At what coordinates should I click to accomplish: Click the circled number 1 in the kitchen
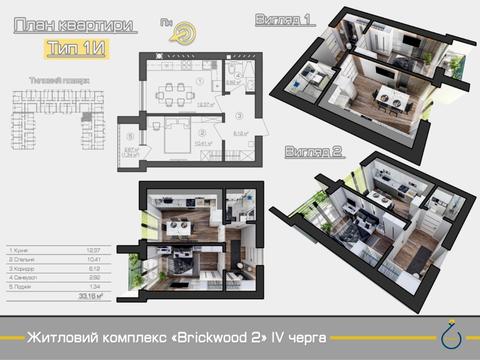point(200,81)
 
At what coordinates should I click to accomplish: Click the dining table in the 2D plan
point(171,95)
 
